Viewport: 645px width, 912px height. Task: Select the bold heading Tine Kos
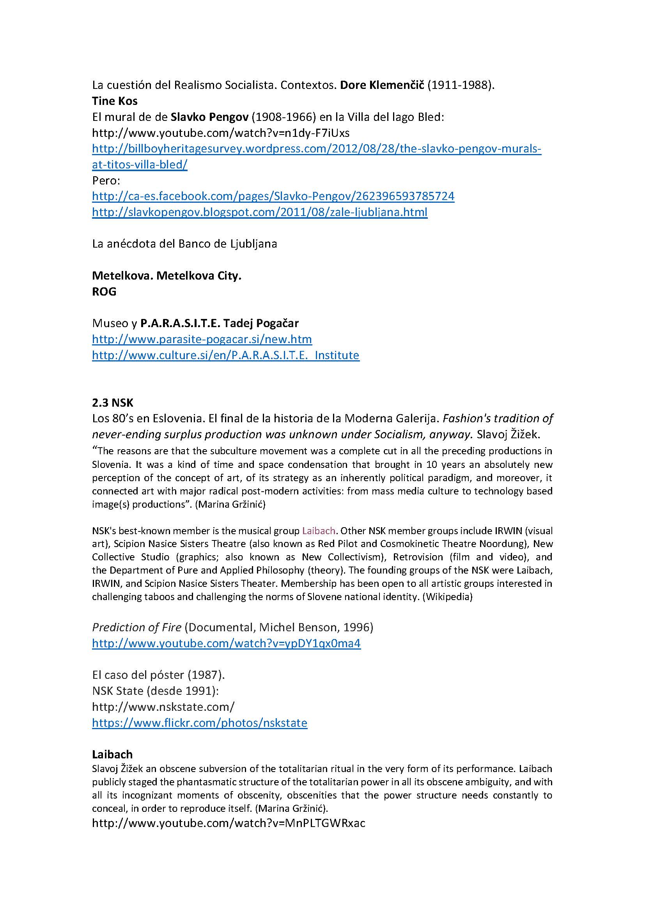point(115,101)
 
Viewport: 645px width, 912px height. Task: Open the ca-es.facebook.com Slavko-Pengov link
point(273,196)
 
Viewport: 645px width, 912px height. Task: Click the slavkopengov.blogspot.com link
point(260,212)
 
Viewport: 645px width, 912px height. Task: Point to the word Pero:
point(106,181)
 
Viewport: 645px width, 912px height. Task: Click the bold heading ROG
point(104,292)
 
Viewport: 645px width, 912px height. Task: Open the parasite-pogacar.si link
point(202,339)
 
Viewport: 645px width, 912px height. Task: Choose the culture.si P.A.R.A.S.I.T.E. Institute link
point(225,355)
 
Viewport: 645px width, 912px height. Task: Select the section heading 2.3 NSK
point(113,403)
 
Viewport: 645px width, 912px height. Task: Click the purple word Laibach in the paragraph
point(319,531)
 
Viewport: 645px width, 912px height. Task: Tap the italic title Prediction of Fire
point(136,627)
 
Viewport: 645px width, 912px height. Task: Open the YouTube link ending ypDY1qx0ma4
point(227,643)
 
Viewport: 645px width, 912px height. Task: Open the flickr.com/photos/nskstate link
point(200,723)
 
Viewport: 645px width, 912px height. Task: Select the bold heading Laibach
point(112,754)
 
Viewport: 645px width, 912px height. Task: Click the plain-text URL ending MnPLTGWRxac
point(229,823)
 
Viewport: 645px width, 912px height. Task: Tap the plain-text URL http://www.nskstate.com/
point(163,707)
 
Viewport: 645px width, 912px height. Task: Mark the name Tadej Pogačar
point(261,323)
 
